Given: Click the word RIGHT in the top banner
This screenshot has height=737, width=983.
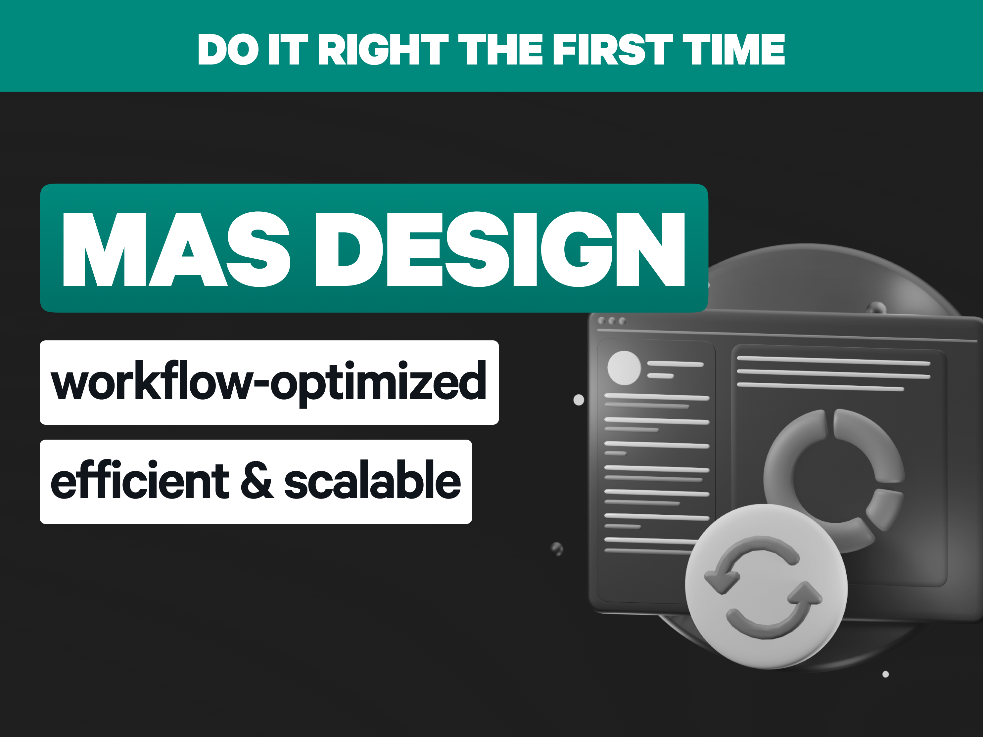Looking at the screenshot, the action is click(x=384, y=49).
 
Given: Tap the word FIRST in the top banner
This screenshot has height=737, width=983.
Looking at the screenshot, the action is click(x=613, y=49).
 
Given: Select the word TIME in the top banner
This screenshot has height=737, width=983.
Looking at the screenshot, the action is click(x=734, y=49).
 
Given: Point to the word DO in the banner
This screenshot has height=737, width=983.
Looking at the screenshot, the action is click(x=228, y=49).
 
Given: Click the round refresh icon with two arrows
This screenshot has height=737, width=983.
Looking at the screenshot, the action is click(x=766, y=586).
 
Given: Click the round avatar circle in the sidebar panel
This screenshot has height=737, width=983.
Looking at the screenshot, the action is click(x=624, y=368).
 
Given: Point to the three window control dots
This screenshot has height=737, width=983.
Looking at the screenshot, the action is click(x=612, y=321).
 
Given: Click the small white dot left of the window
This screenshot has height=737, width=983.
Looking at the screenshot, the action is click(x=579, y=400).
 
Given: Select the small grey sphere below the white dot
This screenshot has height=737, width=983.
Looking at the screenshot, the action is click(x=557, y=549).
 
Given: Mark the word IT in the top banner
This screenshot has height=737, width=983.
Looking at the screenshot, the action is click(x=288, y=49).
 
